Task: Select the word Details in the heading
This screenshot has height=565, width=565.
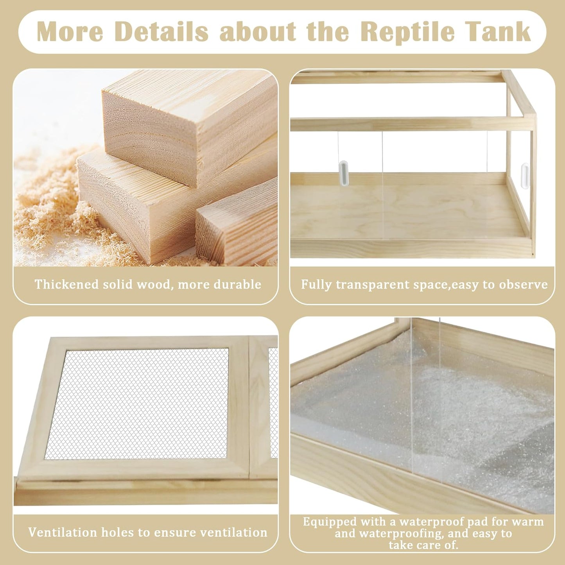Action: tap(161, 32)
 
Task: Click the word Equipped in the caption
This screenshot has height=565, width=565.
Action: tap(330, 522)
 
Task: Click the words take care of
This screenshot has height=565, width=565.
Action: tap(423, 545)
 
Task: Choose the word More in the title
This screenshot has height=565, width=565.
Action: tap(70, 32)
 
